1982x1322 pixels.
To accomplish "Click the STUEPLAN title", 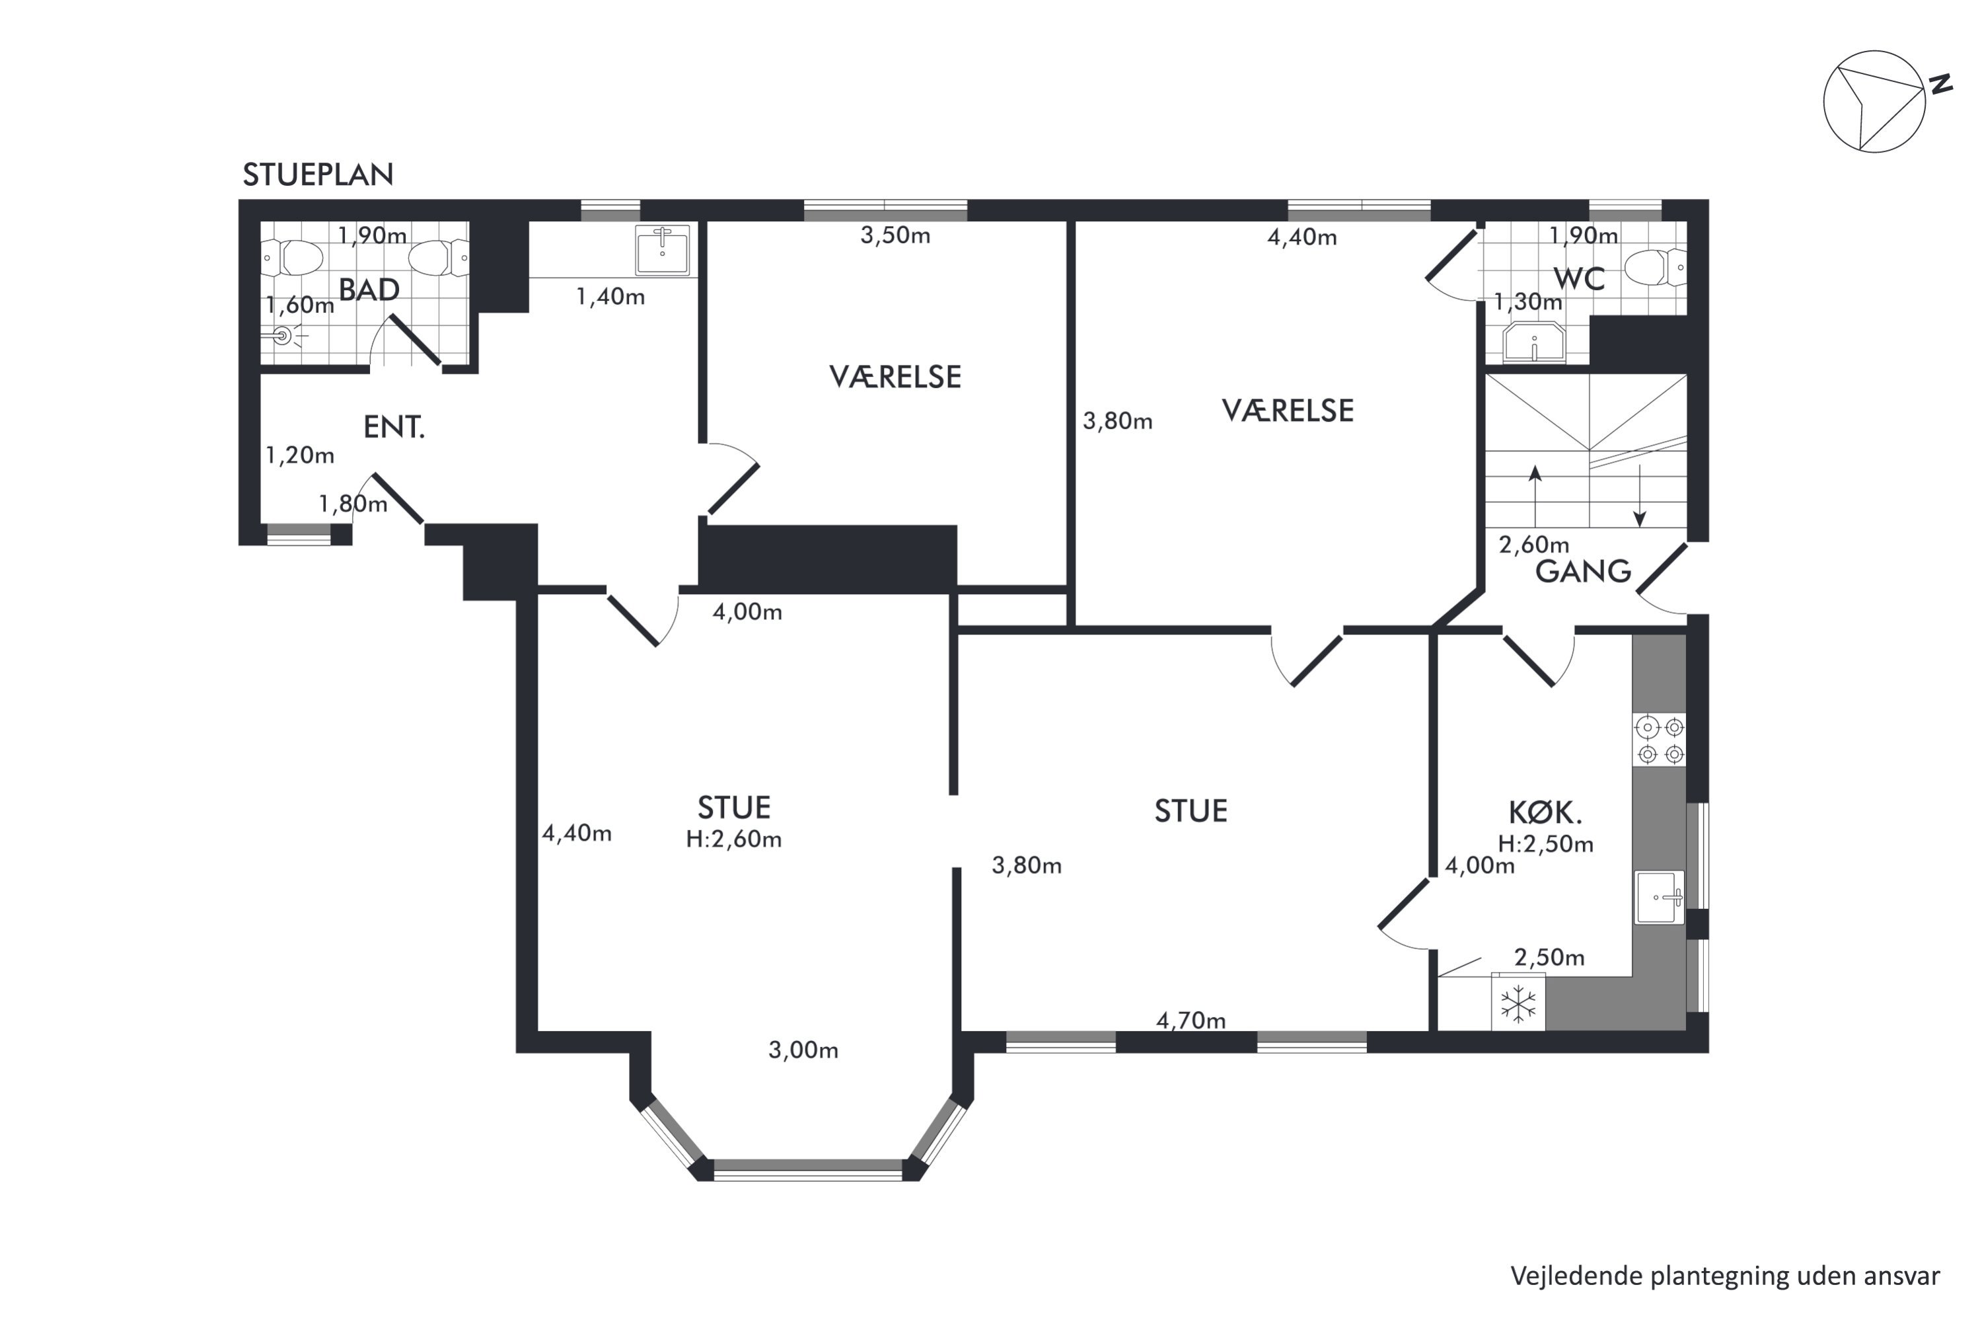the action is point(318,175).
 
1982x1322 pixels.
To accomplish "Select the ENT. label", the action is point(394,428).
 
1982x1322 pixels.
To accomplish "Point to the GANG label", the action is point(1582,572).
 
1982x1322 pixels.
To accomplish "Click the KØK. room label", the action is point(1545,813).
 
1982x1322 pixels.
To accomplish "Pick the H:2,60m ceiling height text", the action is point(733,839).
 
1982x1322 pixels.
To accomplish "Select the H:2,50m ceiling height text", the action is point(1545,845).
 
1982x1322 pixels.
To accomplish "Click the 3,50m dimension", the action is point(895,235).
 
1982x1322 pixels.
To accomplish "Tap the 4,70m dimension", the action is point(1191,1021).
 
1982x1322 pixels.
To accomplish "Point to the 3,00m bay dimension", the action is point(803,1050).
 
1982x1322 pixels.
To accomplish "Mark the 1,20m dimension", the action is point(300,456).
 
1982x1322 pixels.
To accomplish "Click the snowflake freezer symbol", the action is point(1518,1004).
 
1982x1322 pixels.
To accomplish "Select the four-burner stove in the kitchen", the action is point(1659,740).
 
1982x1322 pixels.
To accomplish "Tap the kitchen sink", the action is point(1659,898).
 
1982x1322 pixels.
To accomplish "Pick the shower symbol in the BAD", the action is point(283,336).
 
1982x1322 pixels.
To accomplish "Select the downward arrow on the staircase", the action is point(1640,496).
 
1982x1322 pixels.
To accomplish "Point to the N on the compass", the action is point(1942,85).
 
